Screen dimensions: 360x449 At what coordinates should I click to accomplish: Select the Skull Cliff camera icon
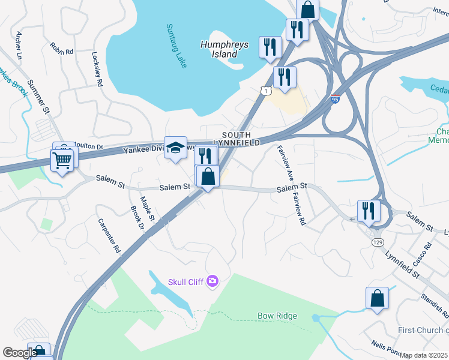(212, 281)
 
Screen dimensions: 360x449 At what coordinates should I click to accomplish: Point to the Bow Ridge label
(277, 316)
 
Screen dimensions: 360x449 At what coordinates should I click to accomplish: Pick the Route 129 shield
(377, 241)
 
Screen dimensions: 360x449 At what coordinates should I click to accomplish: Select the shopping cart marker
(63, 160)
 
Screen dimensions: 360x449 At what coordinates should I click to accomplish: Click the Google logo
(20, 353)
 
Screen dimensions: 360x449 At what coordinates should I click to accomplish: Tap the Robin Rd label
(61, 49)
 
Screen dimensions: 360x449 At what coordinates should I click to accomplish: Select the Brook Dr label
(136, 218)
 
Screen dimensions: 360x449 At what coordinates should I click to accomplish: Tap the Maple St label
(148, 208)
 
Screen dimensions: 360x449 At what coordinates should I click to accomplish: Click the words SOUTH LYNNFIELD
(241, 139)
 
